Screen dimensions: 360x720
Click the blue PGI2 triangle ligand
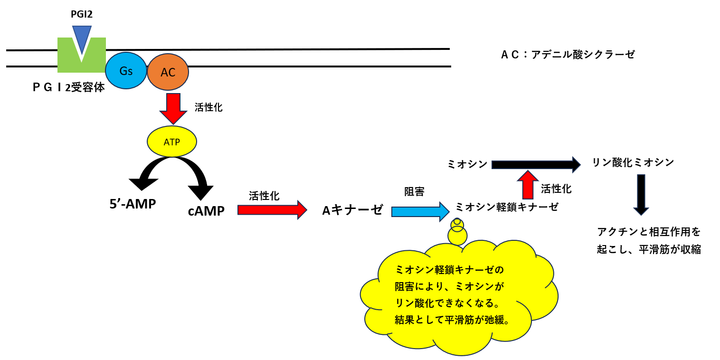coord(82,37)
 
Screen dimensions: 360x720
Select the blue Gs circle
coord(126,71)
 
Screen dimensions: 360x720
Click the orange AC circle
coord(168,72)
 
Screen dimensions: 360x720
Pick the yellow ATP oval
coord(172,141)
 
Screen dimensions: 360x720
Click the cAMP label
coord(206,211)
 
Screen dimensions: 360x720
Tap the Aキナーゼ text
coord(352,210)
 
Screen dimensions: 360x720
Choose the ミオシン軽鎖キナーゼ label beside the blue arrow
coord(507,207)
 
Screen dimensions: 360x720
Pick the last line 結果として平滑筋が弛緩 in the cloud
coord(453,319)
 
